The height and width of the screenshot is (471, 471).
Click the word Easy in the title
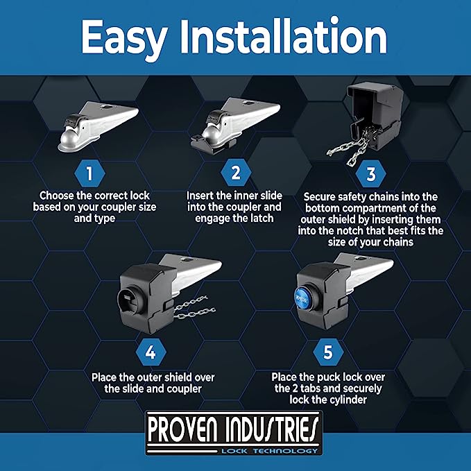(x=124, y=39)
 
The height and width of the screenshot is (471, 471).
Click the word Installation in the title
(x=283, y=36)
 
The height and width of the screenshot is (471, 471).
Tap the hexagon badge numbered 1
(x=89, y=173)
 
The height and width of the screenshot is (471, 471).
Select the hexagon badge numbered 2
(x=236, y=173)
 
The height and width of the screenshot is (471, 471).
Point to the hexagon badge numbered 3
(x=370, y=173)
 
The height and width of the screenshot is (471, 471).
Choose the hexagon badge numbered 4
(x=151, y=352)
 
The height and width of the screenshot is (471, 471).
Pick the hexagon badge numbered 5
(x=328, y=352)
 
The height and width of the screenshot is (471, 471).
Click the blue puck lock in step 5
(x=303, y=297)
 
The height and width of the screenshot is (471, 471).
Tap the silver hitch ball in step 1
(x=69, y=139)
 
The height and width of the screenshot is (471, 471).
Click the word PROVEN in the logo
(x=182, y=430)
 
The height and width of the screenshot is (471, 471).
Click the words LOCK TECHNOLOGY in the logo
(x=269, y=451)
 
